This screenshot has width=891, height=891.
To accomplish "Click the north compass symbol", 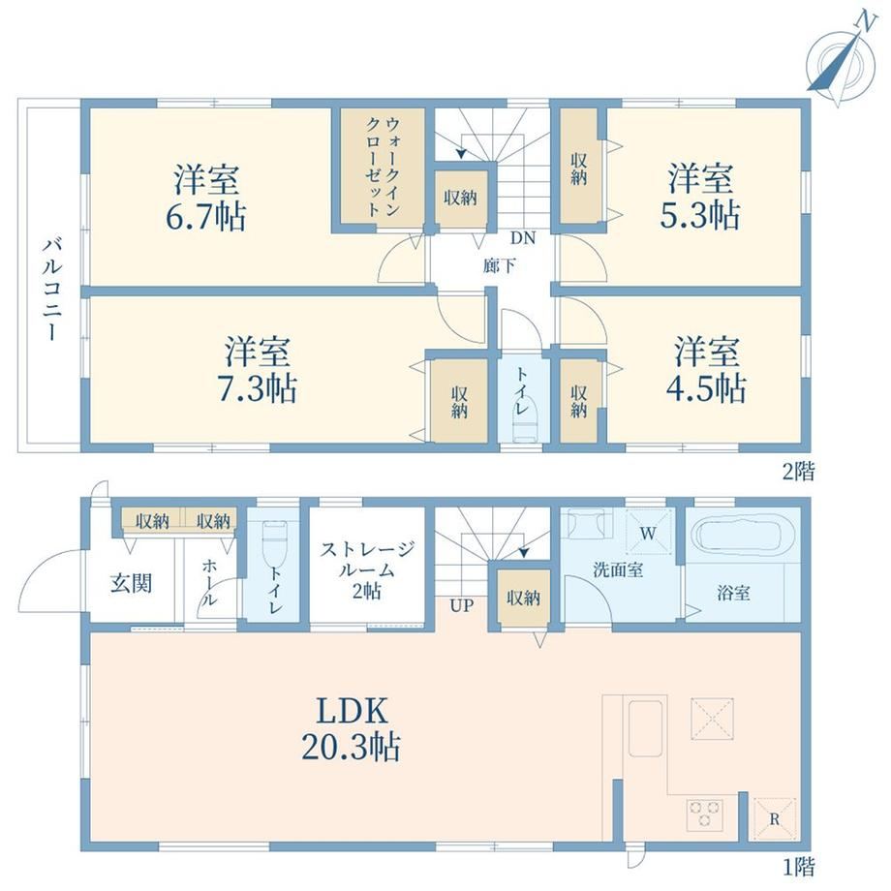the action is tap(843, 60).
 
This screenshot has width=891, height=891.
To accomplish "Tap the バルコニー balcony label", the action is tap(53, 290).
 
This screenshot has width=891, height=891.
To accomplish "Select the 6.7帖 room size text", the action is tap(205, 217).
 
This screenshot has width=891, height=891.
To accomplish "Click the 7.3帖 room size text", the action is tap(258, 388).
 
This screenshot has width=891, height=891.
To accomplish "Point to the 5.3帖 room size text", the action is tap(700, 215).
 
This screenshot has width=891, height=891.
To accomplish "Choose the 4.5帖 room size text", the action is tap(706, 388).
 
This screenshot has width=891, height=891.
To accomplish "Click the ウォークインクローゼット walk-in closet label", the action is tap(384, 166).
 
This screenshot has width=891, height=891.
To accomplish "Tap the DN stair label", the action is tap(523, 238).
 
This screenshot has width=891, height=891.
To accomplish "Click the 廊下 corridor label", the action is tap(500, 265).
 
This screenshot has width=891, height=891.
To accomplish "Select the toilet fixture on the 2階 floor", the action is tap(524, 425).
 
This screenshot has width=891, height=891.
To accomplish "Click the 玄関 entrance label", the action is tap(132, 583).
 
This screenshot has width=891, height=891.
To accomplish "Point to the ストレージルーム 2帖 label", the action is tap(367, 569).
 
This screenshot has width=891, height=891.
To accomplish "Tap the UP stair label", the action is tap(461, 605).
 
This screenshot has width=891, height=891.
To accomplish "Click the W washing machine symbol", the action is tap(649, 533).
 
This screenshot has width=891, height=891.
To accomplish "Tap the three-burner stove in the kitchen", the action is tap(705, 814).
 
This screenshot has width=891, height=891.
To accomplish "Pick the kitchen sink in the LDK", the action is tap(645, 728).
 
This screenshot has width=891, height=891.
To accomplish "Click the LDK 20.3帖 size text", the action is tap(352, 729).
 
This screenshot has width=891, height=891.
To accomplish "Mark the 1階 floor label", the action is tap(799, 867).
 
